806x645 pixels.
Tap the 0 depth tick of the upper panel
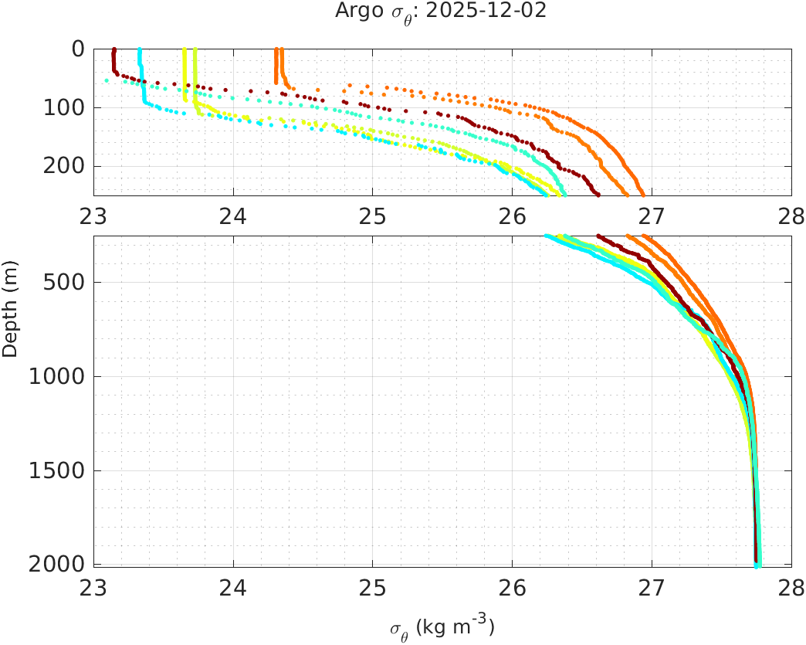78,49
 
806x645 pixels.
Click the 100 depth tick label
63,107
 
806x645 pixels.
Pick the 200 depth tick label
63,166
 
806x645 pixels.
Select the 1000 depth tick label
56,377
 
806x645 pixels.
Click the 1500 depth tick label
56,471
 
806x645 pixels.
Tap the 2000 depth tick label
56,565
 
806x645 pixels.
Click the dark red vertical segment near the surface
114,59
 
